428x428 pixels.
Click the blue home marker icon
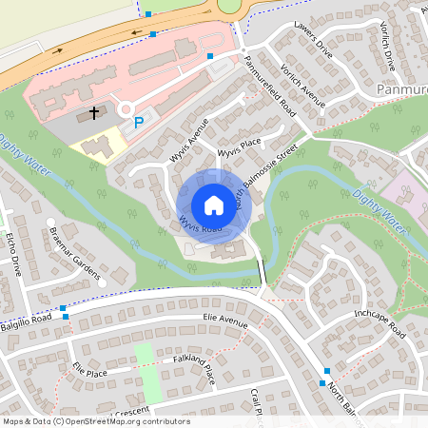click(x=214, y=205)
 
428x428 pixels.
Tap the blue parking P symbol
click(x=140, y=122)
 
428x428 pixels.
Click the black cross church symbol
click(x=94, y=113)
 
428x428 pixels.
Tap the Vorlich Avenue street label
click(x=303, y=88)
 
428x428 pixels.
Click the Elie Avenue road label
click(x=224, y=321)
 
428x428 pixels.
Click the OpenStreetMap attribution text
click(x=95, y=421)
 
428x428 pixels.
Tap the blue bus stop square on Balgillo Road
click(x=64, y=309)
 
